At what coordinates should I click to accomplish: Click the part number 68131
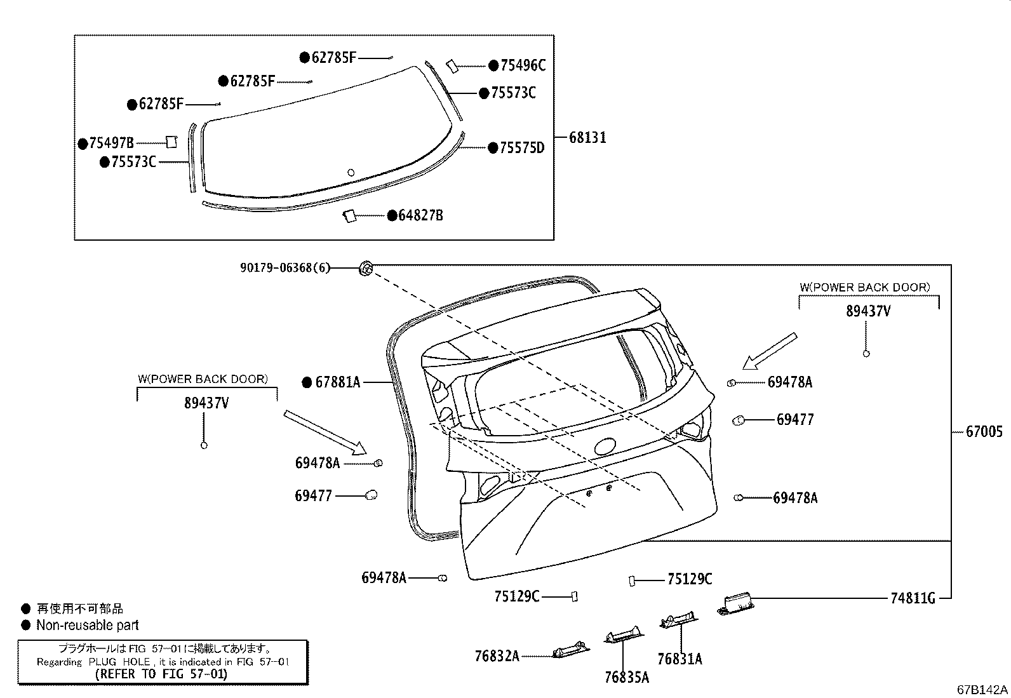click(x=587, y=137)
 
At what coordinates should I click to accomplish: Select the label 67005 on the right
click(x=984, y=432)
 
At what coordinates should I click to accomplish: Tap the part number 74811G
click(x=912, y=598)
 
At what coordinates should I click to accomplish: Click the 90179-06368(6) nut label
click(x=285, y=268)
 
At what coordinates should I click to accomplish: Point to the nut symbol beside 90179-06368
click(x=366, y=269)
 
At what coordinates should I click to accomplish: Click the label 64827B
click(x=420, y=216)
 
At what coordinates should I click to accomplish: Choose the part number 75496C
click(x=523, y=65)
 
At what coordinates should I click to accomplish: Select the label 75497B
click(x=111, y=144)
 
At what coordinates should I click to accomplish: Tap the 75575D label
click(x=521, y=148)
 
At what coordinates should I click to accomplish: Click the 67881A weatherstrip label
click(x=338, y=382)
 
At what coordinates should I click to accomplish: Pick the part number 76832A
click(x=497, y=655)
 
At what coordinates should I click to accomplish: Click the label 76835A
click(x=627, y=678)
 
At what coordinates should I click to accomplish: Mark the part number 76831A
click(x=680, y=659)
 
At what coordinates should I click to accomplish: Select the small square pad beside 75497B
click(x=171, y=142)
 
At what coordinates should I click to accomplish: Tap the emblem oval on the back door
click(x=609, y=446)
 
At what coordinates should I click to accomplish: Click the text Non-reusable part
click(x=87, y=626)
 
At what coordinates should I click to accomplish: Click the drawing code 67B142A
click(x=982, y=690)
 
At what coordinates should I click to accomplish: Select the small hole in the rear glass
click(x=351, y=171)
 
